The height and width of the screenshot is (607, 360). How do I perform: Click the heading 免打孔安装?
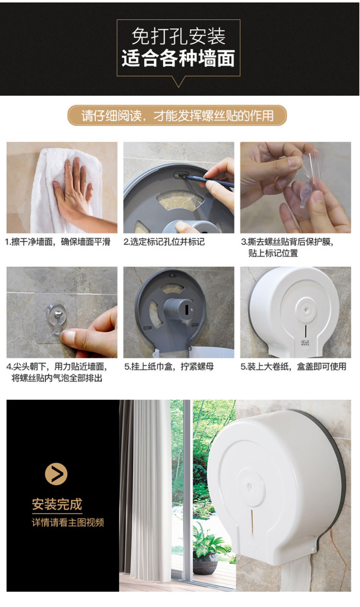click(x=179, y=36)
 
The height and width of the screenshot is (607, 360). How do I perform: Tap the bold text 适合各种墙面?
click(x=179, y=59)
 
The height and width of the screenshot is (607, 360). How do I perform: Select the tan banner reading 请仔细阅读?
click(x=177, y=116)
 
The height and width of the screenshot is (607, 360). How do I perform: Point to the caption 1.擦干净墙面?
click(x=58, y=242)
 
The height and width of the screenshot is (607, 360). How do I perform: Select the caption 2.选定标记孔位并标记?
click(x=164, y=242)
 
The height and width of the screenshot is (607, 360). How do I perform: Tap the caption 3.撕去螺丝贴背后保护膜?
click(x=288, y=242)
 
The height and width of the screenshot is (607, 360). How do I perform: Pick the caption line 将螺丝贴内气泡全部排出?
click(x=57, y=378)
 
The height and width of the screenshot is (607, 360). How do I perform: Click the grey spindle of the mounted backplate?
click(x=178, y=309)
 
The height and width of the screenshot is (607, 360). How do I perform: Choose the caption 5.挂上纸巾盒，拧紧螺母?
click(x=169, y=367)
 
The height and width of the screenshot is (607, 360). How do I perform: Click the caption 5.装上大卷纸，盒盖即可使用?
click(x=294, y=367)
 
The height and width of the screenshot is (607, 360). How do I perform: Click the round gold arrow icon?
click(x=56, y=474)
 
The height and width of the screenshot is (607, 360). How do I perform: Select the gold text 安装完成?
click(x=57, y=504)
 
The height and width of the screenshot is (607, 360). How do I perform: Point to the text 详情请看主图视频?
click(x=68, y=523)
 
